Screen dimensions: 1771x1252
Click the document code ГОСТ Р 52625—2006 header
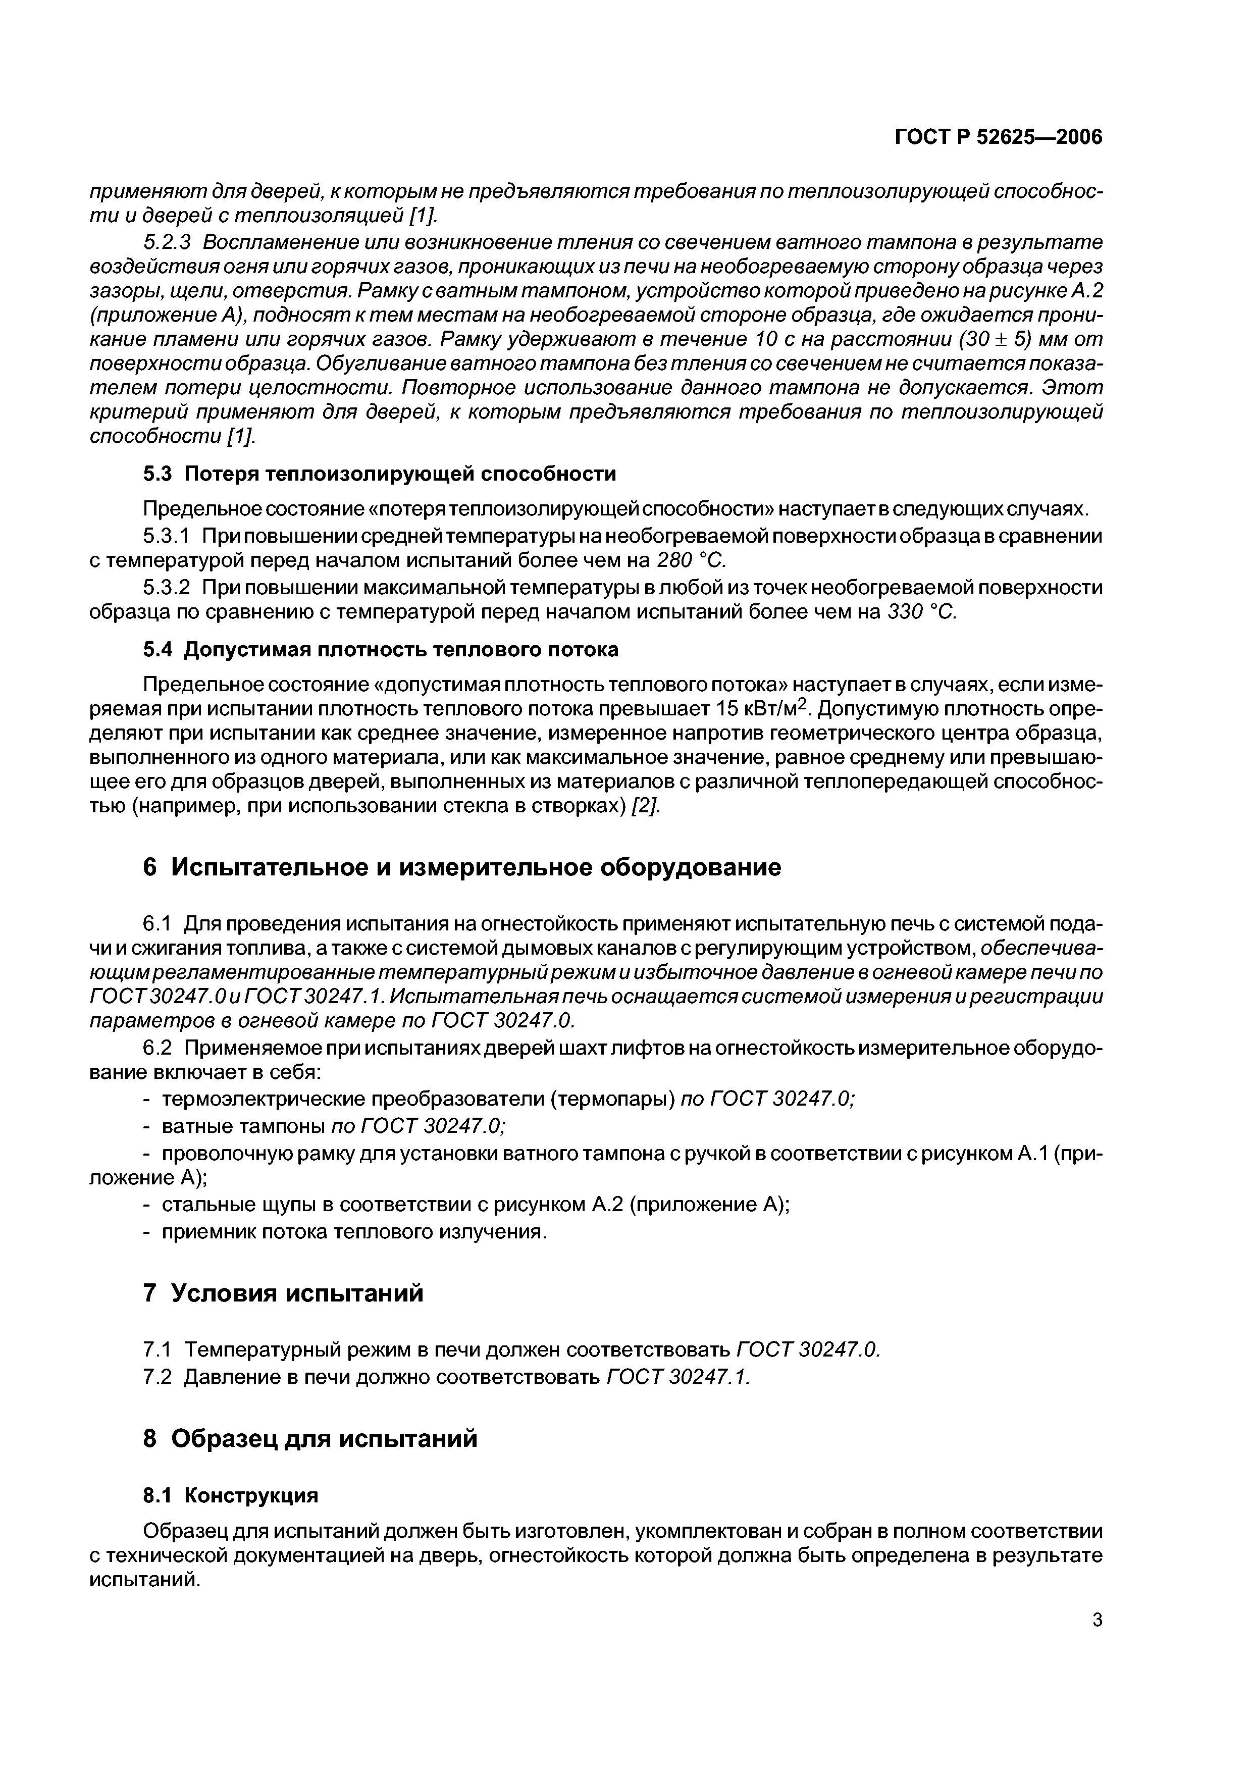[998, 137]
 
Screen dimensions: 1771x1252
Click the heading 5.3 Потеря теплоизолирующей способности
[380, 474]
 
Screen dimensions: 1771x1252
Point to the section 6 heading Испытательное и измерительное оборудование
[462, 868]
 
